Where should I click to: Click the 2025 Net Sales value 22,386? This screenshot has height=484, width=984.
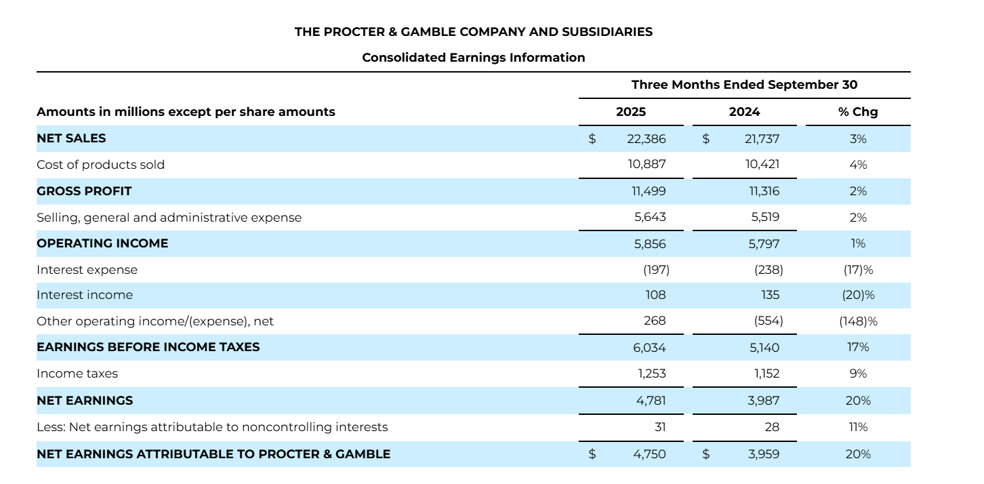(x=648, y=139)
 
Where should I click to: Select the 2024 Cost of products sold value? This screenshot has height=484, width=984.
(x=764, y=165)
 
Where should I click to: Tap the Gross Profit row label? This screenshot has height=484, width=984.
(x=84, y=191)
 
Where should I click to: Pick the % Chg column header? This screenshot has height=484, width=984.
(x=857, y=112)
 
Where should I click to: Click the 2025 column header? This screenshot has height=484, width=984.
(x=630, y=112)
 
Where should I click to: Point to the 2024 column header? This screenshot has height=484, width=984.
(x=744, y=112)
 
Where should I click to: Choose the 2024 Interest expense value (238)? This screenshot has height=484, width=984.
(x=768, y=270)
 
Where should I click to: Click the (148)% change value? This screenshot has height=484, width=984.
(x=858, y=321)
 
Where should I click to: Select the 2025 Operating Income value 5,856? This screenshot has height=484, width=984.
(x=649, y=243)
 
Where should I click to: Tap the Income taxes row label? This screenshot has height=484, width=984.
(x=77, y=374)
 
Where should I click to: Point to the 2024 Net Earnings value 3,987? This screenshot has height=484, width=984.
(x=764, y=401)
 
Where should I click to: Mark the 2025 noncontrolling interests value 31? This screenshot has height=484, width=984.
(x=660, y=427)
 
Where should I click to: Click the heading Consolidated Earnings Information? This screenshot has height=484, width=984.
(x=473, y=58)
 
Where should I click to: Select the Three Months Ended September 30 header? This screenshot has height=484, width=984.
(x=744, y=85)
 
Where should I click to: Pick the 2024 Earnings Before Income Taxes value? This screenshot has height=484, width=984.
(x=764, y=348)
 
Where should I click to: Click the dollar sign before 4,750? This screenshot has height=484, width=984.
(x=592, y=454)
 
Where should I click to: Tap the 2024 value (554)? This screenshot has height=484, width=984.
(x=768, y=321)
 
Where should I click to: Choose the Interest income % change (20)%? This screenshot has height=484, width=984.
(x=858, y=295)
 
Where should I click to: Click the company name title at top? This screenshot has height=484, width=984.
(x=473, y=32)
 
